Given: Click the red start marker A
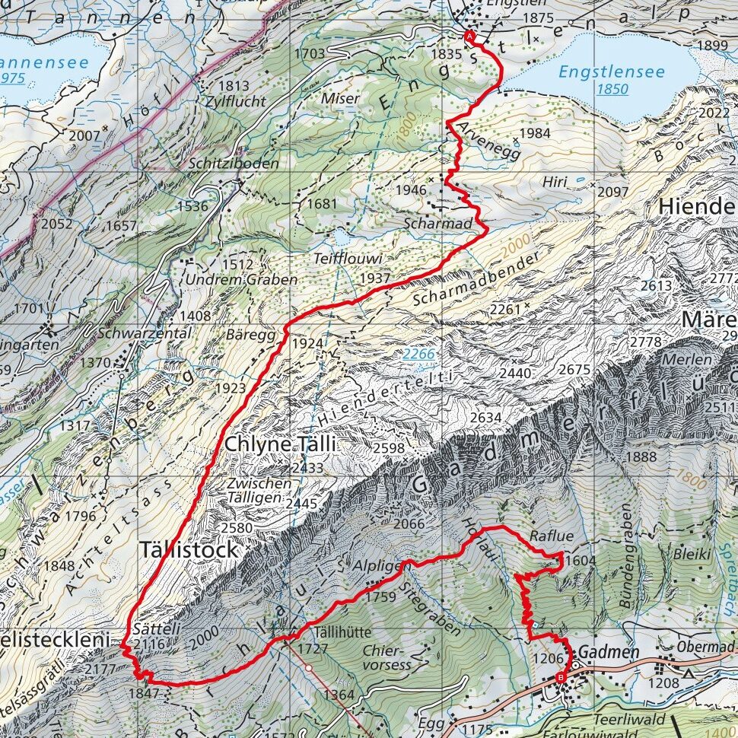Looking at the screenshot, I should pos(469,36).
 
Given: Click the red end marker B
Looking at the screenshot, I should pos(561,677).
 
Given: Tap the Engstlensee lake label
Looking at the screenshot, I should pos(611,72).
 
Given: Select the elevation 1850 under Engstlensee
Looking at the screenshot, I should pos(612,90).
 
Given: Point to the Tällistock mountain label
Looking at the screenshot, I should pos(188,549).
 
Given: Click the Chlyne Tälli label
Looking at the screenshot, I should pos(280,444).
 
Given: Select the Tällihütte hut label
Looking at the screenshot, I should pos(340,631).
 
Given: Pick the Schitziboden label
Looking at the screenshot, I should pos(231,164).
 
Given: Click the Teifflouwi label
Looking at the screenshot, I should pos(347,259).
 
